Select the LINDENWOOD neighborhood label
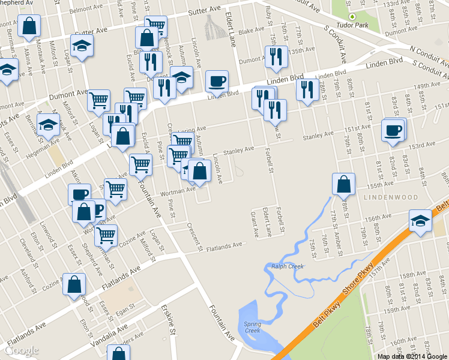[382, 197]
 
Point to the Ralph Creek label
[288, 266]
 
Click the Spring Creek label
[252, 327]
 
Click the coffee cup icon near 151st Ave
[393, 130]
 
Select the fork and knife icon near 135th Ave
[276, 57]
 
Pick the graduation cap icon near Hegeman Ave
[47, 125]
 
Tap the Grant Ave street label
[254, 223]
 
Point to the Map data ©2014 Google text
[412, 356]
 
